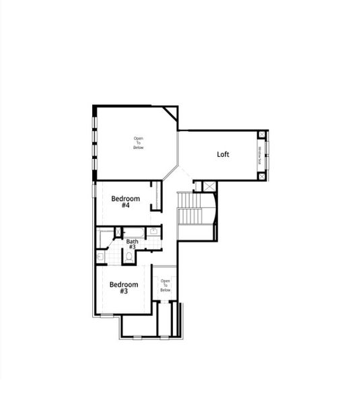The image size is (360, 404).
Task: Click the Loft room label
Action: tap(223, 154)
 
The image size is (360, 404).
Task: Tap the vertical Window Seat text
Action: tap(259, 155)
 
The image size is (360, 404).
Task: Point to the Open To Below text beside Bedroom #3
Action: tap(165, 285)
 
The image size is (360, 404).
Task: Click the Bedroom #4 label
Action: tap(125, 201)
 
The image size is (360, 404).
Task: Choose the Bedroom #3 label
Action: tap(124, 288)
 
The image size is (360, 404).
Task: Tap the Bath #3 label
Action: tap(132, 244)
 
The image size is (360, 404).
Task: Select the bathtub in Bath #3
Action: tap(134, 232)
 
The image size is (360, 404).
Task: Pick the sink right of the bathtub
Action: tap(153, 232)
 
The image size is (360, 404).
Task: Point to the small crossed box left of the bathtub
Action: tap(118, 232)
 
